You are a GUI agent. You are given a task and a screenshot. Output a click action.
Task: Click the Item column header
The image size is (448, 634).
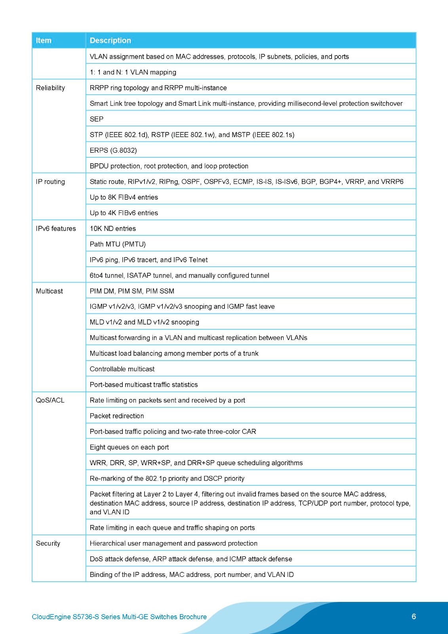44,40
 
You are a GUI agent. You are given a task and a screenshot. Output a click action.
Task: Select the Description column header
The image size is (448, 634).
110,40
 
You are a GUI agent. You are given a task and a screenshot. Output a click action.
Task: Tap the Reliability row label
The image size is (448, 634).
50,88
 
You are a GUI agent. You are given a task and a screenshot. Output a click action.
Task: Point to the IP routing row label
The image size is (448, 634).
50,181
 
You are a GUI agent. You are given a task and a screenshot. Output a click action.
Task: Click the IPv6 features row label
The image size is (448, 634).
56,229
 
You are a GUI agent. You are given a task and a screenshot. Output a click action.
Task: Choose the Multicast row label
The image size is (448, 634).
50,291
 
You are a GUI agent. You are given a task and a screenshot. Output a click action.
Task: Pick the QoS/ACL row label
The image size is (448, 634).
50,400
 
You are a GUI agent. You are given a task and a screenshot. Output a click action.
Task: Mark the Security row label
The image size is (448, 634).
48,543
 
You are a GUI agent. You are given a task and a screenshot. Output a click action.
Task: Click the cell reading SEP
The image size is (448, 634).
97,119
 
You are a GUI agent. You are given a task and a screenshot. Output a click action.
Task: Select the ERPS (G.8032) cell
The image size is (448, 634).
113,150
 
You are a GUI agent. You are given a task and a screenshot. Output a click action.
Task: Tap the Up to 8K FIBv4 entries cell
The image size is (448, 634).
124,197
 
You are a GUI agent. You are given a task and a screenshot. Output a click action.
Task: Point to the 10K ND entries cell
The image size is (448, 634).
112,229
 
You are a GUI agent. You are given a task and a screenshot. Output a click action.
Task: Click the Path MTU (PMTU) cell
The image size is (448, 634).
118,244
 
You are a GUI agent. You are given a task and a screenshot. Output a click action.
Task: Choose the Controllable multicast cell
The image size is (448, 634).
122,369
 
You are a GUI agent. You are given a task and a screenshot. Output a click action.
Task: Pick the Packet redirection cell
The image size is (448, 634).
117,416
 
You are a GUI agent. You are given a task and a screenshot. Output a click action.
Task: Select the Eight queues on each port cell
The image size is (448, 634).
129,447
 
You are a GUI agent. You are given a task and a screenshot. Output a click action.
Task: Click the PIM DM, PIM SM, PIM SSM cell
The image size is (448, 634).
132,291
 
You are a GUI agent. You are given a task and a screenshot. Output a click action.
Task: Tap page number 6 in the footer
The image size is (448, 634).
414,616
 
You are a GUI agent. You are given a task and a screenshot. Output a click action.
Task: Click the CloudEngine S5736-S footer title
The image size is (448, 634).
119,617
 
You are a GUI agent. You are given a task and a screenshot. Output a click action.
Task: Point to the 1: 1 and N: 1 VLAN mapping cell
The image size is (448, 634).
133,72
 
